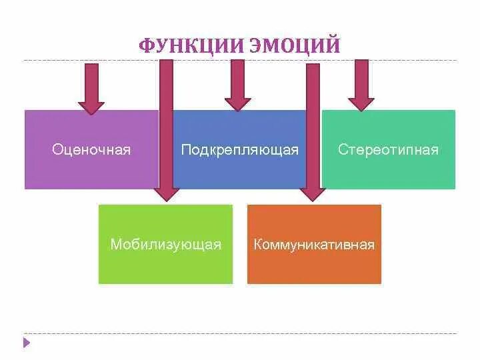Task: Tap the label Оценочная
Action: tap(91, 149)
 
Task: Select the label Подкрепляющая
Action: tap(240, 149)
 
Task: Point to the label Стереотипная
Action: tap(389, 149)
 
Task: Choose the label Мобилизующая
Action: tap(165, 245)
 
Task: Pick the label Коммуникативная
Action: tap(314, 245)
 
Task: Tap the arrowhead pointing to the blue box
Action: tap(238, 103)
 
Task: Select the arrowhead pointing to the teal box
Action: tap(361, 103)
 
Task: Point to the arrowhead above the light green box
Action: tap(166, 194)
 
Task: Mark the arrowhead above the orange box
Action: tap(313, 194)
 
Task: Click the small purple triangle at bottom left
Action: tap(27, 343)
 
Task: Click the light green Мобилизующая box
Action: tap(165, 267)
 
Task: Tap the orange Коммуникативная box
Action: tap(314, 267)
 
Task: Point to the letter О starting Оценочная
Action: tap(57, 149)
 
